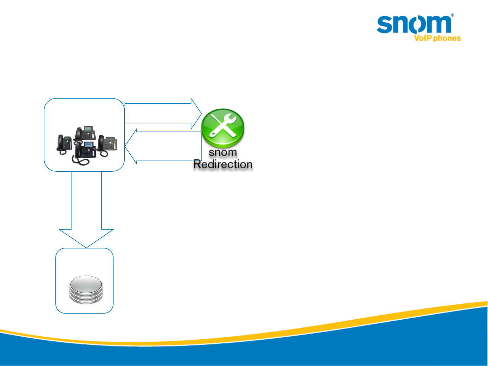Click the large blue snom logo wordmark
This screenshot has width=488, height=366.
tap(414, 24)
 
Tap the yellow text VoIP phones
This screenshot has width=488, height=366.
tap(437, 38)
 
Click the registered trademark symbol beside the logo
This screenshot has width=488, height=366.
tap(452, 16)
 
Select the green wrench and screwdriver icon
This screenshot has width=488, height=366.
tap(222, 128)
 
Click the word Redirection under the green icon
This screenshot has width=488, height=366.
tap(223, 165)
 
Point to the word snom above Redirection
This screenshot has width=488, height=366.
tap(222, 152)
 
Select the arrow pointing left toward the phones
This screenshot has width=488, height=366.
tap(163, 146)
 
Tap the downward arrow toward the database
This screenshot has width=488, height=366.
tap(86, 210)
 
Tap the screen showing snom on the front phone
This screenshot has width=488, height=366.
tap(88, 145)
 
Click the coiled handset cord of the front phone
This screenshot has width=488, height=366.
tap(81, 161)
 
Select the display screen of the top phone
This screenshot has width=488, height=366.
tap(88, 129)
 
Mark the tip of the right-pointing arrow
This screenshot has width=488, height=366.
tap(201, 114)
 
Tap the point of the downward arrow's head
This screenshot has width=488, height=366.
tap(86, 247)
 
